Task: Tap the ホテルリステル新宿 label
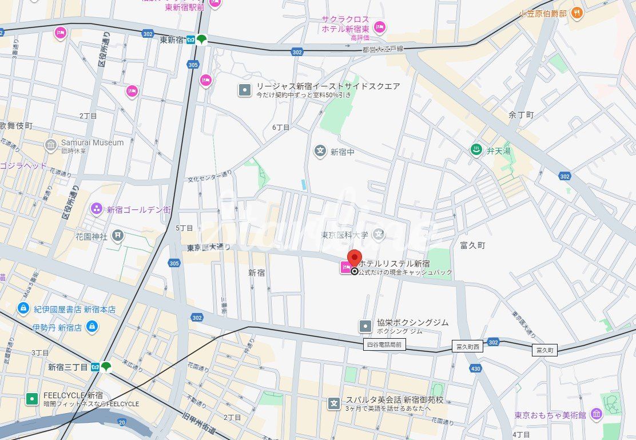394,264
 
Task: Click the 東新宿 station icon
201,40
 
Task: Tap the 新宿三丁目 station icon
106,367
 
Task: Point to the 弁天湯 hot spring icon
475,150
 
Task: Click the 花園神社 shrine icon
118,235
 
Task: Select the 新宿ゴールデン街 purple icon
96,209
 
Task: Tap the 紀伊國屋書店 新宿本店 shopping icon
23,309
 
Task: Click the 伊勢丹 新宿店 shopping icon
92,327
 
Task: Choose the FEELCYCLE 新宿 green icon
33,399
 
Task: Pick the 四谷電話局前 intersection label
384,344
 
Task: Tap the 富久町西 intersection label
467,347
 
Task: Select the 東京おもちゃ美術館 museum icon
597,414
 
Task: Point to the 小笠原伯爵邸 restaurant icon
577,13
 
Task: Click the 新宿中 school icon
320,151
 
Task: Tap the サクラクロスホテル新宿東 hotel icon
380,27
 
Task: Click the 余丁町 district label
520,115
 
